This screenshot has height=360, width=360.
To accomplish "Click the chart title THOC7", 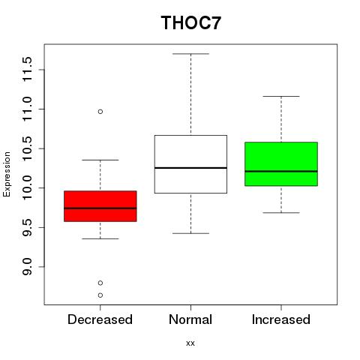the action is pos(191,22).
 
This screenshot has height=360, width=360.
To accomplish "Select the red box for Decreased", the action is pos(100,206).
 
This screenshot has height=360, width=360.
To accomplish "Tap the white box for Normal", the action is pos(190,164).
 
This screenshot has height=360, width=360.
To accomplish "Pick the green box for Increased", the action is pos(281,164).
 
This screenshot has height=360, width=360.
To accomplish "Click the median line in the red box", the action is pos(100,208).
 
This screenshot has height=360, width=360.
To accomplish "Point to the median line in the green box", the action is pos(281,171).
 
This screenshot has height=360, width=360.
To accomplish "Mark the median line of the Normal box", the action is pos(190,168).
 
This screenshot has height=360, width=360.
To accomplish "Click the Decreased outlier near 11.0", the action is pos(100,112).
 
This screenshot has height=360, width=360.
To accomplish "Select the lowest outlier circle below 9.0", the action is pos(100,295).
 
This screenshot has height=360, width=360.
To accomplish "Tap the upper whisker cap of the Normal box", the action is pos(190,54).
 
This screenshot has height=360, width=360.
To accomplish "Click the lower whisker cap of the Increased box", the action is pos(281,213).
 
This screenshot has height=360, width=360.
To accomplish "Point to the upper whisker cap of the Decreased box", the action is pos(100,160).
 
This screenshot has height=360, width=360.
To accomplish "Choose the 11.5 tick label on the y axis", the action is pos(27,69).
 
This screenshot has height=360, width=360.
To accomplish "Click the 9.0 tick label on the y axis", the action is pos(27,267).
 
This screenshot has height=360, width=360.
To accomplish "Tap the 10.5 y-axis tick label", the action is pos(27,148).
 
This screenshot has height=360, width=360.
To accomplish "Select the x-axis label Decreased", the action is pos(100,319).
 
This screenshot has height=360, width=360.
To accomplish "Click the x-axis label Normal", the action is pos(190,319).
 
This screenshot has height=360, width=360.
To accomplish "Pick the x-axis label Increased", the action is pos(281,319).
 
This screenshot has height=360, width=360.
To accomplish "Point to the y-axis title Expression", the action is pos(7,174).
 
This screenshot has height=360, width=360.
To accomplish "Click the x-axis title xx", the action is pos(190,343).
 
